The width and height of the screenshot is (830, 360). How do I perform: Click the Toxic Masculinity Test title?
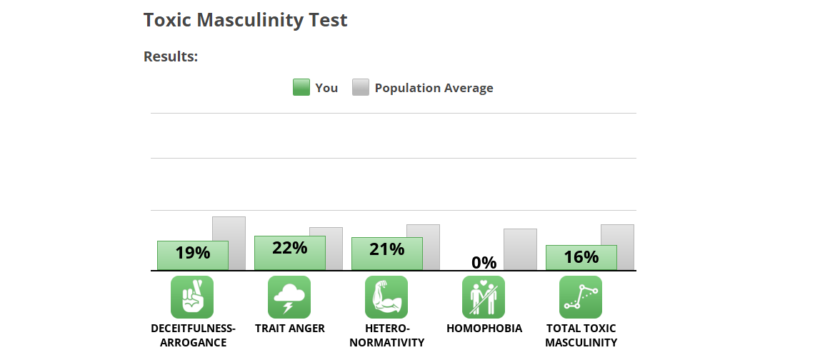[245, 20]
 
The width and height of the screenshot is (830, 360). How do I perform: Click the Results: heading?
[170, 56]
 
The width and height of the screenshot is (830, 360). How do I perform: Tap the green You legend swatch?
[301, 88]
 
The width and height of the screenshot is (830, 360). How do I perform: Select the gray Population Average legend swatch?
[361, 88]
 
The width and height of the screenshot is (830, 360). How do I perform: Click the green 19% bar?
[192, 255]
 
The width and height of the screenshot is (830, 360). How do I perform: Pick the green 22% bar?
[289, 253]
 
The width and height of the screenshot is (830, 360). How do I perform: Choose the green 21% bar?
[386, 254]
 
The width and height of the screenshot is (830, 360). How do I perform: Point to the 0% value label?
[484, 262]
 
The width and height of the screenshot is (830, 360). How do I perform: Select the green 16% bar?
[581, 257]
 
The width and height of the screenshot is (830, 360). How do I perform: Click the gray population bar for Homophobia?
[520, 249]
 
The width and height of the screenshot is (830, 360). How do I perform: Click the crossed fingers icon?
[192, 297]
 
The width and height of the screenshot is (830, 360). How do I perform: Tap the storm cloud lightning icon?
[289, 297]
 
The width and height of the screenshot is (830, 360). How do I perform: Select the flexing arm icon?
[386, 297]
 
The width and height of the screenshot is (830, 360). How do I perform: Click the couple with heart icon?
[484, 297]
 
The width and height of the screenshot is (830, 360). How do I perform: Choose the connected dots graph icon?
[581, 297]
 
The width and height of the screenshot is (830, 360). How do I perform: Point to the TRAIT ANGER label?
[289, 329]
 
